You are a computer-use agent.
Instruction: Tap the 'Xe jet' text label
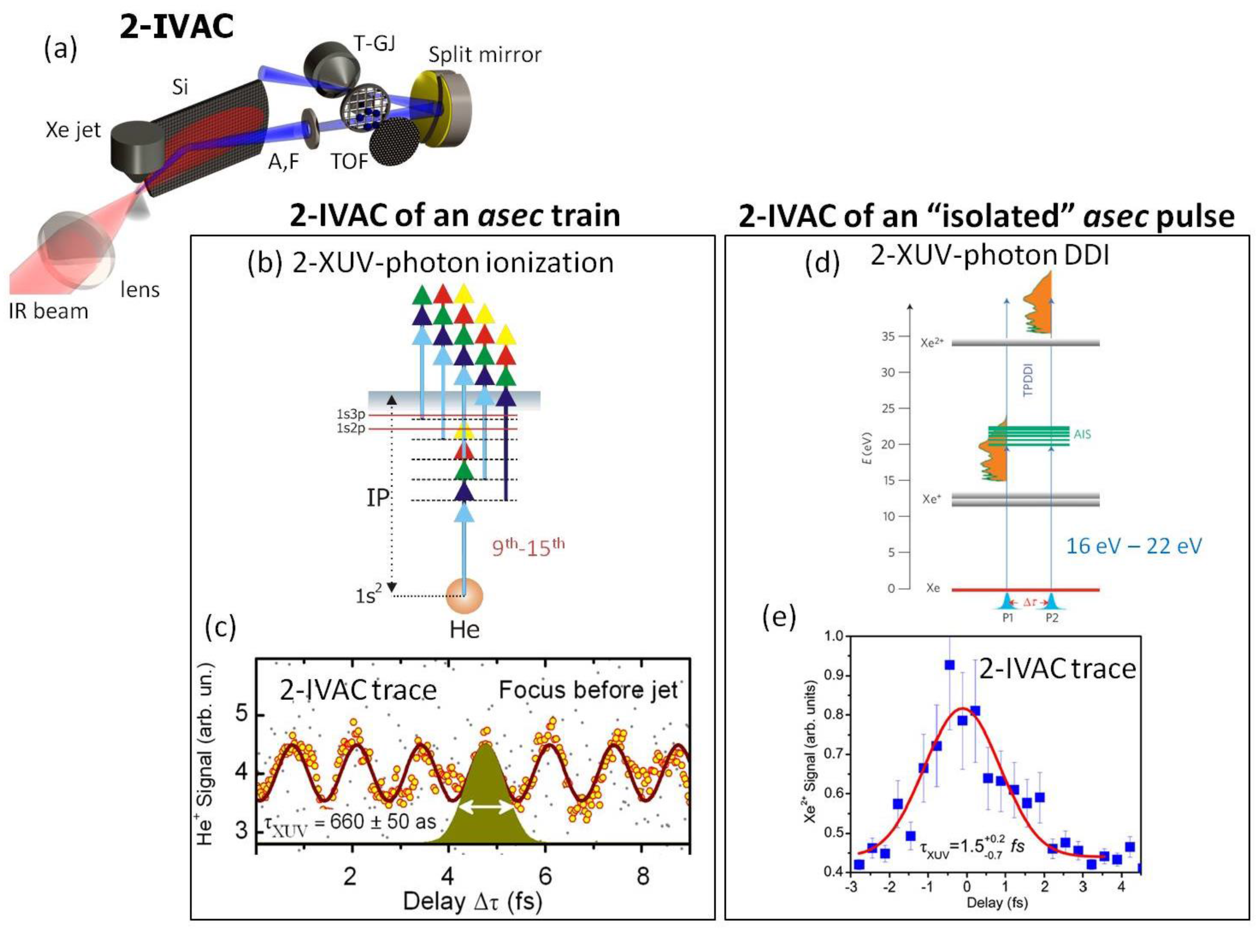pos(73,131)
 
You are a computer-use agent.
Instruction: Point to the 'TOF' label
pos(349,162)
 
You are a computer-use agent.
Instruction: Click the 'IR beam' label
pos(48,311)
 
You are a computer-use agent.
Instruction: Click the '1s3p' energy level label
pos(351,415)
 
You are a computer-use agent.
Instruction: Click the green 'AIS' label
pos(1082,435)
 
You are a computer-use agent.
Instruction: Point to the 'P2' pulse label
pos(1051,618)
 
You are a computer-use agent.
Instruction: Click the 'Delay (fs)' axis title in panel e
pos(997,903)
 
